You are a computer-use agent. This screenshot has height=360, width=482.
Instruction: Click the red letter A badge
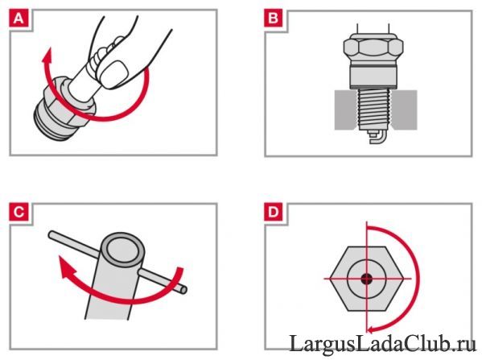coord(19,19)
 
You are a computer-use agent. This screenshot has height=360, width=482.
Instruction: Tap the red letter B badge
coord(274,19)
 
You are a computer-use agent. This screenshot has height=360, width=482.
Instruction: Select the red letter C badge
coord(19,212)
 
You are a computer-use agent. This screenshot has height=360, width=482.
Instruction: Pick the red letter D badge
coord(274,212)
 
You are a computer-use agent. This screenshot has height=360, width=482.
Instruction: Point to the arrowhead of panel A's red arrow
coord(47,56)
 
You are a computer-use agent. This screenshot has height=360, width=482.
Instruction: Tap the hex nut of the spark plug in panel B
coord(373,48)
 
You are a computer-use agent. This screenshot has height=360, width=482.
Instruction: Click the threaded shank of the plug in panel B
coord(373,110)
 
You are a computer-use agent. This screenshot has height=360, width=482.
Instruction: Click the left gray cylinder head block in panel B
coord(345,110)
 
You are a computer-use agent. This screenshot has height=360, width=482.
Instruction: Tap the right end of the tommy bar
coord(183,290)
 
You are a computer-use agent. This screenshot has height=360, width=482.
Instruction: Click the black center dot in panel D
coord(366,279)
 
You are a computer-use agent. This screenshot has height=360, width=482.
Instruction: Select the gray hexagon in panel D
coord(367,279)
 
